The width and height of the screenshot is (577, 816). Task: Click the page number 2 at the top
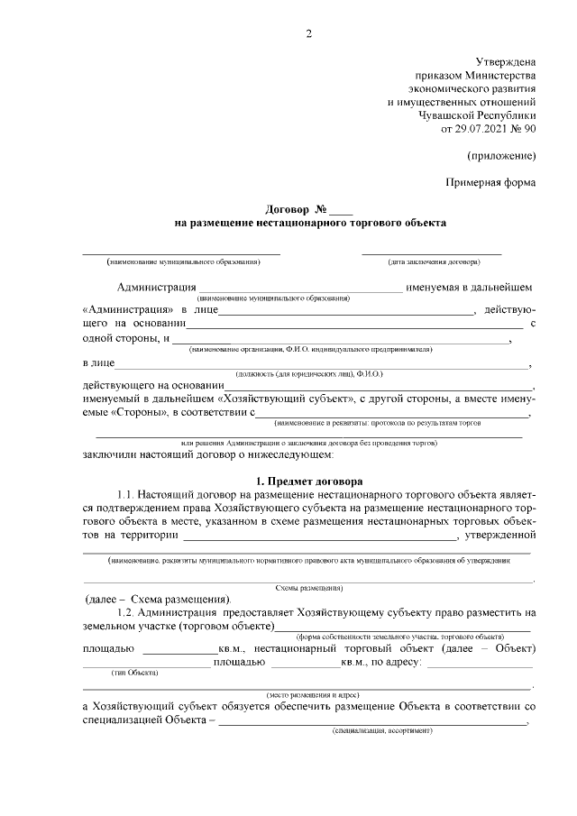pos(308,35)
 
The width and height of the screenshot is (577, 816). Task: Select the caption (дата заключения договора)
pos(434,262)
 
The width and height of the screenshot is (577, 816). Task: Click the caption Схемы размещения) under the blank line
pos(309,587)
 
